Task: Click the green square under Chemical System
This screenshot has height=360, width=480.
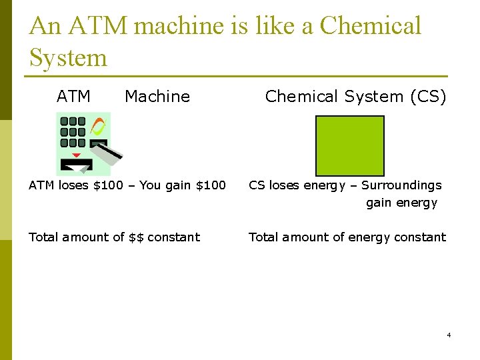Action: click(349, 145)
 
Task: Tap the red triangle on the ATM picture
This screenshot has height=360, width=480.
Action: click(76, 155)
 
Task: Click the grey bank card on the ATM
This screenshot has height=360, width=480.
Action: click(107, 152)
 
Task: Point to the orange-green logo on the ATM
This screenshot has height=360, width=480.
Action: click(98, 127)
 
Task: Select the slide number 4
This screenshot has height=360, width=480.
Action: click(449, 335)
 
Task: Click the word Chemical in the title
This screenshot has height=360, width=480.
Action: click(370, 25)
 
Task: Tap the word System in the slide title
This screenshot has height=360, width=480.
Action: click(68, 57)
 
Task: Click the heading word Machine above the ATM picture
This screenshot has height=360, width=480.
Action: click(157, 97)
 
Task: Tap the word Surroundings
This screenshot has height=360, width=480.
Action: click(401, 185)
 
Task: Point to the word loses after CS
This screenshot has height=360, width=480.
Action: click(285, 185)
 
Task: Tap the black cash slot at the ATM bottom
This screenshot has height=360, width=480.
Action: click(76, 164)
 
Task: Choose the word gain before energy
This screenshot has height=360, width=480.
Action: click(379, 203)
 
